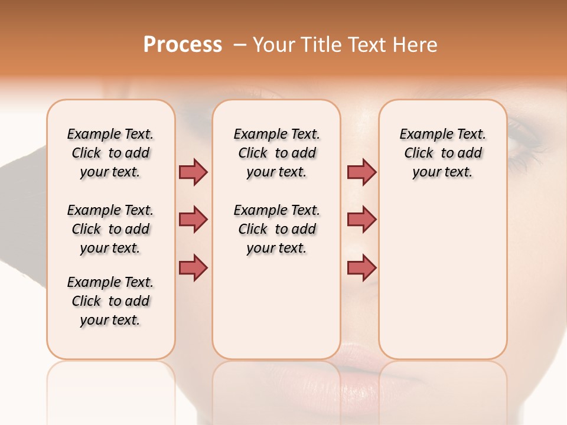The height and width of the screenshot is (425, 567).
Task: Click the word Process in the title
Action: click(183, 45)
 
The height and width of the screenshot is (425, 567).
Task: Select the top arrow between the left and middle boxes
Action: click(193, 172)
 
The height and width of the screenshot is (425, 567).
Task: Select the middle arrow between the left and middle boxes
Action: click(193, 220)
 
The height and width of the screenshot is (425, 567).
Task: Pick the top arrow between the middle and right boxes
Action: click(361, 172)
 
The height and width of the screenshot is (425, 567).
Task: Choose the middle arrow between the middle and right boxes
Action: click(361, 220)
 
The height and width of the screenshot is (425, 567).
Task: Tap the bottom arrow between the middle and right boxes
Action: click(361, 267)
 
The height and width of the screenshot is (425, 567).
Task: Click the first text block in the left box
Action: click(110, 153)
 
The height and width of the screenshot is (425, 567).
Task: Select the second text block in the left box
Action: click(110, 229)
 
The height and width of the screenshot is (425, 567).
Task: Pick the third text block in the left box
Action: click(110, 301)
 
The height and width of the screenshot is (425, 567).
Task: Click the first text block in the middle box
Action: click(276, 153)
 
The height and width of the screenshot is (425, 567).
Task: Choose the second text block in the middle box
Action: click(276, 229)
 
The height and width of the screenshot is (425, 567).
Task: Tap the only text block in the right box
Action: click(442, 153)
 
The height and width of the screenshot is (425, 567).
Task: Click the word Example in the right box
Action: click(422, 135)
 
